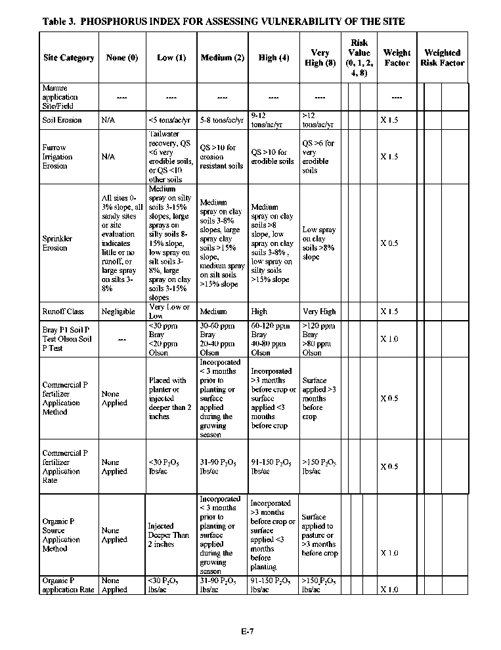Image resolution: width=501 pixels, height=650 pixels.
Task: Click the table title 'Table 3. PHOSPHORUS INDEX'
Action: click(223, 22)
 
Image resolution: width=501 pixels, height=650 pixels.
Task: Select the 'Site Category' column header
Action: click(68, 58)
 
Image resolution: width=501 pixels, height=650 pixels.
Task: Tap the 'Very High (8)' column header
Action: click(320, 58)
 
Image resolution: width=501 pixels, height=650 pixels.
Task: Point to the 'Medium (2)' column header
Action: click(223, 58)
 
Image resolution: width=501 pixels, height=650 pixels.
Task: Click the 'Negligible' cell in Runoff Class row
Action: click(118, 312)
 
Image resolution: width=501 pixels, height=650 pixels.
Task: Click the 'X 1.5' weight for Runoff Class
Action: click(389, 312)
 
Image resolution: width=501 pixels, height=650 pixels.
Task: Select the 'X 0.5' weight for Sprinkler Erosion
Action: click(389, 243)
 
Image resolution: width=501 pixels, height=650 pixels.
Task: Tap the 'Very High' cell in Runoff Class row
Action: click(318, 312)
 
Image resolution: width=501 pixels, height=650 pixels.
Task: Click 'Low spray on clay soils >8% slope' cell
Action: click(318, 243)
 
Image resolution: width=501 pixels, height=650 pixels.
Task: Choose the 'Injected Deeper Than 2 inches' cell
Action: click(168, 535)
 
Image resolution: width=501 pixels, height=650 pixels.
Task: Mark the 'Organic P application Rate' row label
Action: click(68, 585)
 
